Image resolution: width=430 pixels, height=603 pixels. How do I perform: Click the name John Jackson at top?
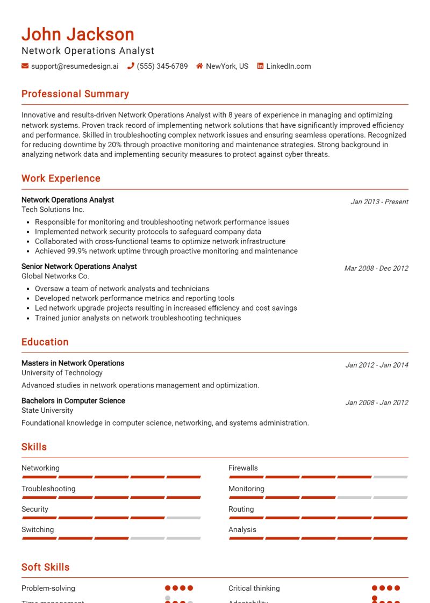click(78, 34)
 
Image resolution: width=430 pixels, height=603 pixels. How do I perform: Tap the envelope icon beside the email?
click(25, 66)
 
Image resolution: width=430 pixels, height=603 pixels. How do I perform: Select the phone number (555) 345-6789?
click(162, 66)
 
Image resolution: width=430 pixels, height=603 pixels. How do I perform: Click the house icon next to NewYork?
click(199, 66)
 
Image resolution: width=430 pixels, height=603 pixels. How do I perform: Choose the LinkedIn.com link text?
click(288, 66)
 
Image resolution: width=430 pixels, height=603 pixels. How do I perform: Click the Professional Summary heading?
click(75, 94)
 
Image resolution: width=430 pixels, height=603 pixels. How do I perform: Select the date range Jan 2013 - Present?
click(379, 202)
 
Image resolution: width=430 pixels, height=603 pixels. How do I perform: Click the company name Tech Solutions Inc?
click(53, 209)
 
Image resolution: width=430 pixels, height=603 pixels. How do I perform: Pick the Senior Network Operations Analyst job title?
click(79, 266)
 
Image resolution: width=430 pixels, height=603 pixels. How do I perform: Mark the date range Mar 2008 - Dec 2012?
click(376, 268)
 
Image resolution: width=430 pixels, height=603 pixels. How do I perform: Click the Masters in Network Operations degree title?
click(73, 363)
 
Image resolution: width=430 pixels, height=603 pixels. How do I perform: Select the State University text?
click(47, 410)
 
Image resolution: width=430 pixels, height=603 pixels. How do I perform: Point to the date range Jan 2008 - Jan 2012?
click(377, 403)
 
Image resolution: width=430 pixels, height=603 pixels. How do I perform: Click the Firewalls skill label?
click(243, 468)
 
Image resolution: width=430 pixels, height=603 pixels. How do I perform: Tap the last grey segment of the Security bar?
click(183, 518)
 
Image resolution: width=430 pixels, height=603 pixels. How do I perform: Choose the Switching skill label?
click(38, 529)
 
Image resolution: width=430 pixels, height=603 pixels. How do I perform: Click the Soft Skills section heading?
click(45, 567)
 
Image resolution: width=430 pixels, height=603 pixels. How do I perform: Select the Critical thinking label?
click(254, 588)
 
